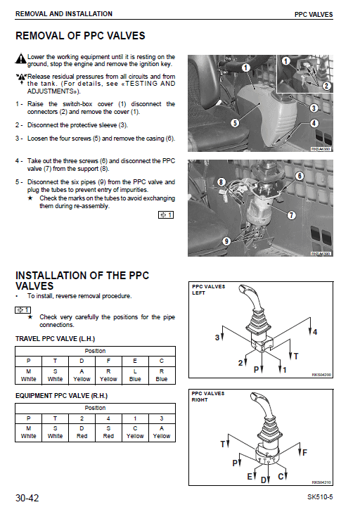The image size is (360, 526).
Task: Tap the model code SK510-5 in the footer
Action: point(320,499)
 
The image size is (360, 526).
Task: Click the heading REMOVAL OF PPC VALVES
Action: point(80,36)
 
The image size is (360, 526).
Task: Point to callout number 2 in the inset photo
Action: point(326,85)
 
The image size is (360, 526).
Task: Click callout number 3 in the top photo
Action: point(314,108)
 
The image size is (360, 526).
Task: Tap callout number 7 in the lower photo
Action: point(291,214)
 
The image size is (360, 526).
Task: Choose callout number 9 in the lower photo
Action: point(226,241)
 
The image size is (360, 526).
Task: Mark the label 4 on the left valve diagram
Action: point(315,331)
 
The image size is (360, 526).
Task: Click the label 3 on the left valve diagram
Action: point(217,338)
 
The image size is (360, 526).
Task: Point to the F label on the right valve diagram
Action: point(304,451)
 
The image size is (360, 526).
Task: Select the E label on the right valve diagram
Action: point(249,477)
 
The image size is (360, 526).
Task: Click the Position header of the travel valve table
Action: point(95,350)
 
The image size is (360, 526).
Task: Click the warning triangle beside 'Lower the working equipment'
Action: point(20,58)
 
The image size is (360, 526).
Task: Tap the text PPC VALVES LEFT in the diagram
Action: point(208,290)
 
